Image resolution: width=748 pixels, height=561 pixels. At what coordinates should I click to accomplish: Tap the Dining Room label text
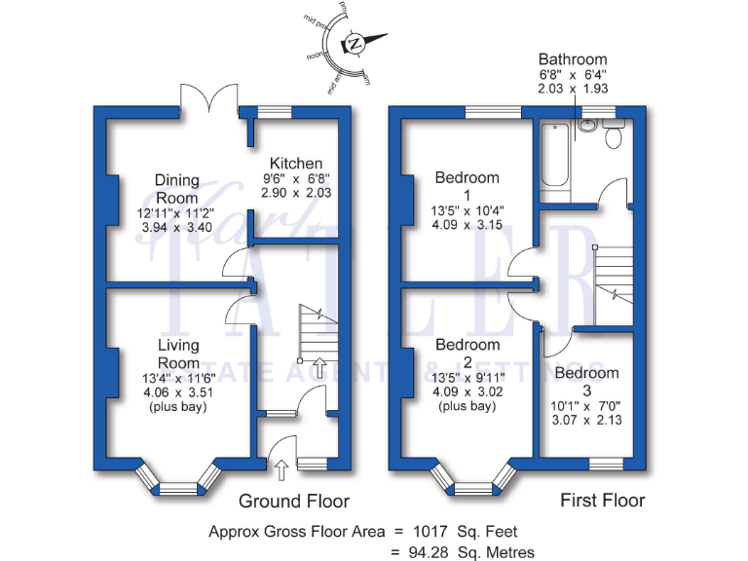(177, 187)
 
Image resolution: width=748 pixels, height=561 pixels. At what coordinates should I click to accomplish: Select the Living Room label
(178, 353)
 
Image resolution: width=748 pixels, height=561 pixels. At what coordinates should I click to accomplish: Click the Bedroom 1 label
(467, 178)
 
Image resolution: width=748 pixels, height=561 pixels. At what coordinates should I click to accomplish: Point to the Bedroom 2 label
(467, 345)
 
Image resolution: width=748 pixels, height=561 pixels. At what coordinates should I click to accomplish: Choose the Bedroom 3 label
(586, 381)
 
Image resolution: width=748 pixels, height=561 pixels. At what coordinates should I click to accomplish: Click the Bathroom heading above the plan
(573, 59)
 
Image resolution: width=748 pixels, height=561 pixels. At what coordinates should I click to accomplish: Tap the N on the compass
(356, 44)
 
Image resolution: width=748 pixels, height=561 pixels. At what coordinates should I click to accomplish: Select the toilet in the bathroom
(614, 136)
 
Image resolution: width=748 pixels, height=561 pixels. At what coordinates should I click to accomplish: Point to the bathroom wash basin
(586, 126)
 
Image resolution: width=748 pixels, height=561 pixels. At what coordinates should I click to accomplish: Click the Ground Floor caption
(294, 502)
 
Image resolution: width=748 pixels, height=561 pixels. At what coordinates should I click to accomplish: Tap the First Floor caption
(602, 501)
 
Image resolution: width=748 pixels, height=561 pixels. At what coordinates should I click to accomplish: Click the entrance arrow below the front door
(281, 471)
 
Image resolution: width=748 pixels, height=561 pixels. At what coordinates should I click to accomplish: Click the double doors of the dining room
(203, 99)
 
